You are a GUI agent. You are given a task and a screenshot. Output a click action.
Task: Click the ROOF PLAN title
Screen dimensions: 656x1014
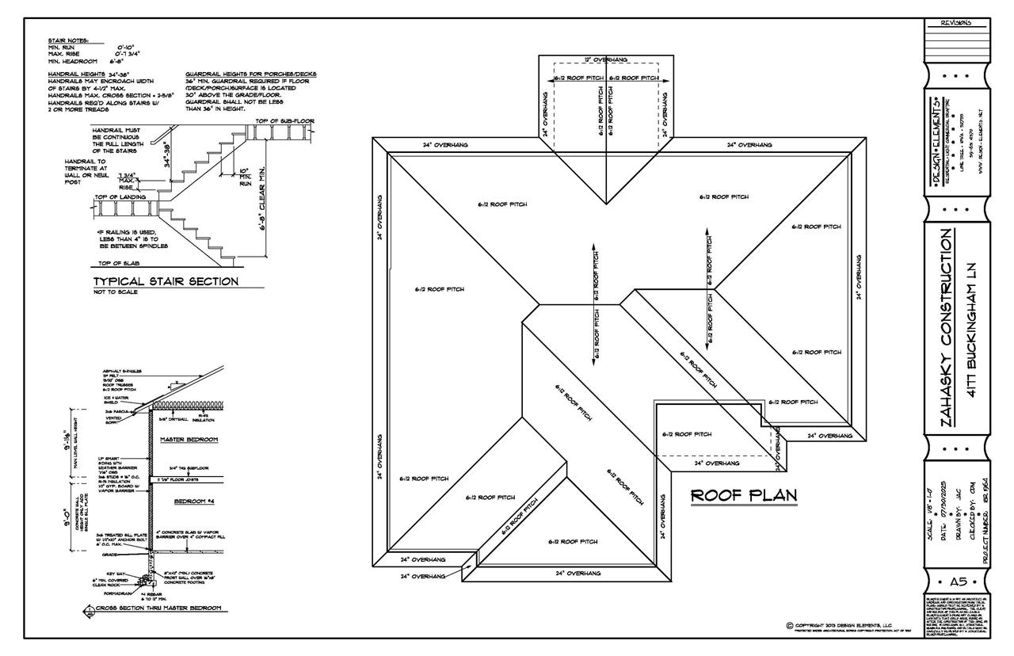744,495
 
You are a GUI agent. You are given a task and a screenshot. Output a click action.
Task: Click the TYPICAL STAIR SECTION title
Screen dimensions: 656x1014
166,281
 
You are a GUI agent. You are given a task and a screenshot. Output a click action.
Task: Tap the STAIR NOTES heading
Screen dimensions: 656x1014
69,40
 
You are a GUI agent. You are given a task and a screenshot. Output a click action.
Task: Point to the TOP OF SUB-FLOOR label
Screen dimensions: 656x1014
284,121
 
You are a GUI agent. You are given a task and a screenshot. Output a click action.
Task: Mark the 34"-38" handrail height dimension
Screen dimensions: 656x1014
167,151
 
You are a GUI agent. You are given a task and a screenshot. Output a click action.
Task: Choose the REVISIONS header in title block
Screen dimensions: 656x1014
956,22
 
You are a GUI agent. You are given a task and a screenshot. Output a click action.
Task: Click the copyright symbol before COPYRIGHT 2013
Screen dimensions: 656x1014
789,625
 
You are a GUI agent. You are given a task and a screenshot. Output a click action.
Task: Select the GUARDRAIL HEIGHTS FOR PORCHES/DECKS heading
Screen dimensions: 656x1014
250,74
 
